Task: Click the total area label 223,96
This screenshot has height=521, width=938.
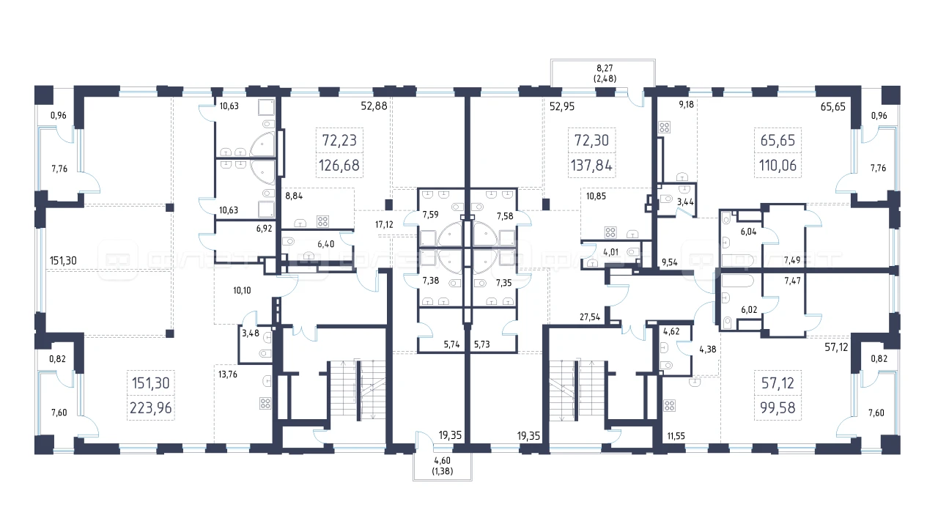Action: [151, 407]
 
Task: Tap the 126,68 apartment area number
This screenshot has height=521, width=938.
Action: [339, 166]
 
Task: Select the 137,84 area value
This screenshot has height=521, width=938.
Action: [591, 166]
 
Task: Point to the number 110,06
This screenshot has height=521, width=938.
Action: [778, 166]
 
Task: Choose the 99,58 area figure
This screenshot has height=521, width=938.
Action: [778, 407]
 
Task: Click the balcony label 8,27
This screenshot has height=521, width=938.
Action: [605, 68]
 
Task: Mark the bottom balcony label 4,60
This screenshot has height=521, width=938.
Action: [442, 461]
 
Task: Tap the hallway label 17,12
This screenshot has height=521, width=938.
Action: [384, 224]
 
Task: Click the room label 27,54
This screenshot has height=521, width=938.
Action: [590, 317]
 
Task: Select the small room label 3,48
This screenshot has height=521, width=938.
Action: [251, 333]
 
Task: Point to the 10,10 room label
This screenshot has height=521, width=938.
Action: [242, 290]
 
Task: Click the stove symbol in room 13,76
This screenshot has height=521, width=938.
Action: [265, 403]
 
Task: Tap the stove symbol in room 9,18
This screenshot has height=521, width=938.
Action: [664, 127]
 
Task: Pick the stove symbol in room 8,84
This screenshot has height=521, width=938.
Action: [322, 221]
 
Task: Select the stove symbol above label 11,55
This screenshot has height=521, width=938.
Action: [669, 405]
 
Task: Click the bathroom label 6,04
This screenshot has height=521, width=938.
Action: [748, 232]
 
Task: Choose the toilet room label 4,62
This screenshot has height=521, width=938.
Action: [671, 331]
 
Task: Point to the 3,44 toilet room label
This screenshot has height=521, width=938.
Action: [685, 202]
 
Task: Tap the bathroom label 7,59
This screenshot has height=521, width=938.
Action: [430, 215]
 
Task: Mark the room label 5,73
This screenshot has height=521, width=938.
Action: [481, 344]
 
